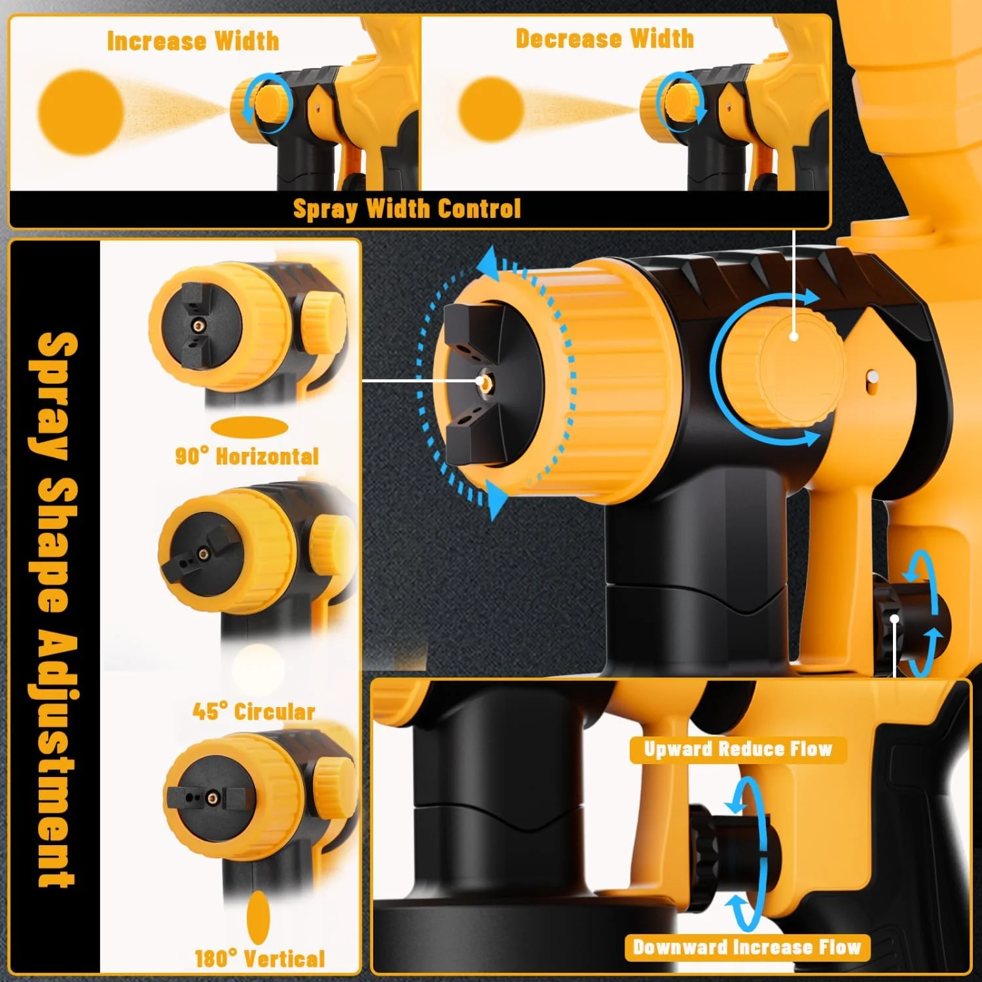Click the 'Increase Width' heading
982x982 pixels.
pyautogui.click(x=193, y=41)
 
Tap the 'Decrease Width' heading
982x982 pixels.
pyautogui.click(x=604, y=39)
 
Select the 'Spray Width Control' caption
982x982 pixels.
pyautogui.click(x=407, y=209)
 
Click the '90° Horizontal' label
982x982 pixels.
pyautogui.click(x=247, y=456)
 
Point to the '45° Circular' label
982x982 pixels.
pyautogui.click(x=253, y=711)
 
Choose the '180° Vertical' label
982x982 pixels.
pyautogui.click(x=259, y=959)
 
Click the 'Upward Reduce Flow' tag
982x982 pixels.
pyautogui.click(x=738, y=749)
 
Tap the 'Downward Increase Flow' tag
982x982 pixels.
pyautogui.click(x=747, y=947)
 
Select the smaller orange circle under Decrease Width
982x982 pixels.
pyautogui.click(x=490, y=109)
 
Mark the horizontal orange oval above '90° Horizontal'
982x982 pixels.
pyautogui.click(x=249, y=428)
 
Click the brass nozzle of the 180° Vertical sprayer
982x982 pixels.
pyautogui.click(x=211, y=797)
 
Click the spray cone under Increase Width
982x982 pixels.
pyautogui.click(x=177, y=108)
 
